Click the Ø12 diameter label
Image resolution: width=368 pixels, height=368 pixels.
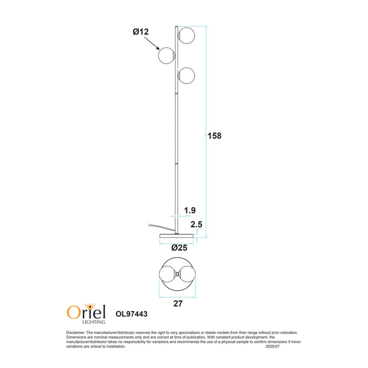[140, 32]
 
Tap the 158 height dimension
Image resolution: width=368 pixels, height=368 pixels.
[214, 136]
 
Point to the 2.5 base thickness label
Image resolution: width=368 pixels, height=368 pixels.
[197, 224]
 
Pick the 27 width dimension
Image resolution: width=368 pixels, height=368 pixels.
[177, 303]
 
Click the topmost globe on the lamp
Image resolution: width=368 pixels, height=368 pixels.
[186, 36]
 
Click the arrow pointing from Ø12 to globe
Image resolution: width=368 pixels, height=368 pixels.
[152, 43]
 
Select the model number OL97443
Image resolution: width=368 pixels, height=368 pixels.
[131, 314]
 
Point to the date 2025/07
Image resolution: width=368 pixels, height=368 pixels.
[274, 347]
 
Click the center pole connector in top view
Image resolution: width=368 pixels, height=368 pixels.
[177, 274]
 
